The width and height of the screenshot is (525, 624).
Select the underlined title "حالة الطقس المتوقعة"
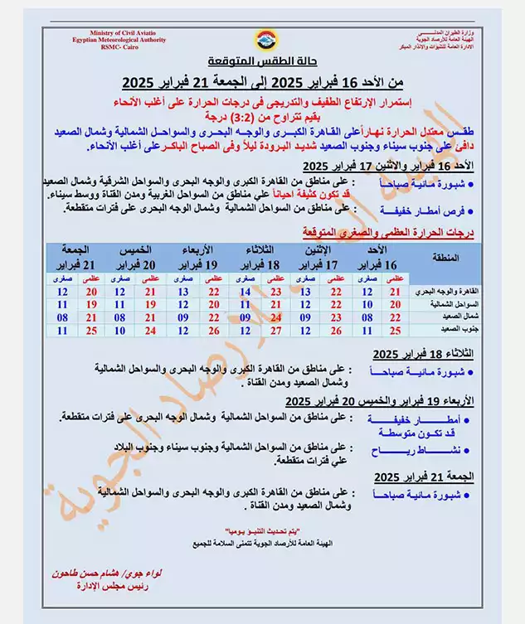pyautogui.click(x=261, y=64)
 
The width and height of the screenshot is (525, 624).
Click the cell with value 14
pyautogui.click(x=245, y=293)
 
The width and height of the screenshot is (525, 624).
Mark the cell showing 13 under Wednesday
pyautogui.click(x=183, y=293)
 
